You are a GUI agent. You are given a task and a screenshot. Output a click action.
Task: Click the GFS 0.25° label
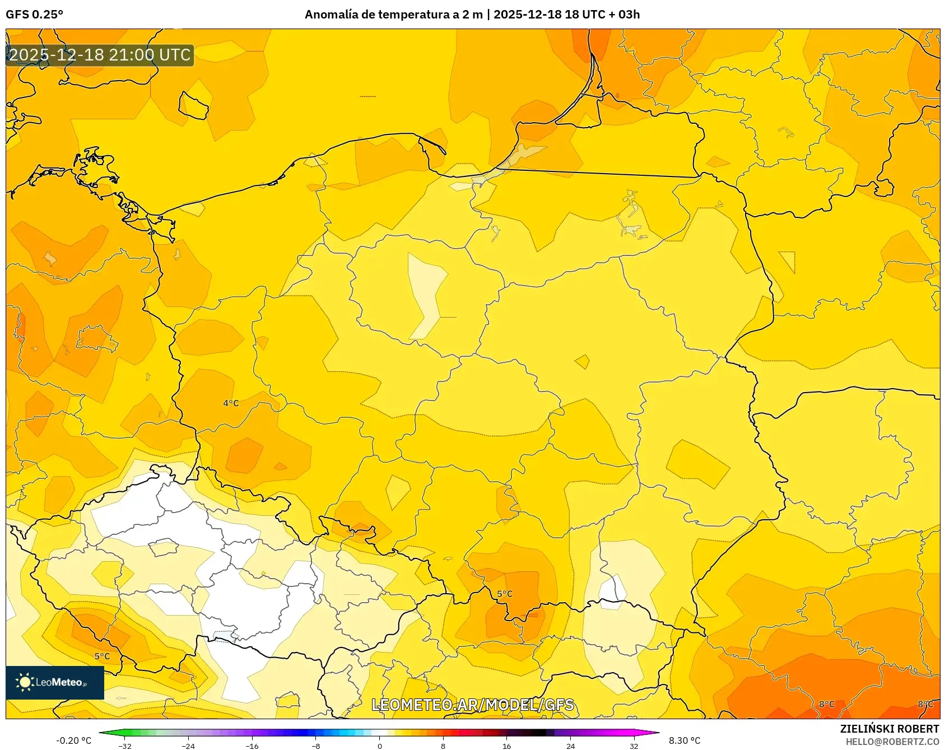tap(34, 15)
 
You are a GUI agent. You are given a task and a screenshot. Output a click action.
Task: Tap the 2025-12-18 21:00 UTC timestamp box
tap(100, 55)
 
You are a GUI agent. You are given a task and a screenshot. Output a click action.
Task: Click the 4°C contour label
tap(231, 403)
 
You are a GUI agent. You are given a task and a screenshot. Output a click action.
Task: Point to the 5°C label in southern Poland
tap(505, 594)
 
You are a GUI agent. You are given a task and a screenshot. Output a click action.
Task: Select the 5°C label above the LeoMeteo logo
tap(102, 656)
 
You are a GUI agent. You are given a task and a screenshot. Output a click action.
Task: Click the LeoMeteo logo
tap(55, 682)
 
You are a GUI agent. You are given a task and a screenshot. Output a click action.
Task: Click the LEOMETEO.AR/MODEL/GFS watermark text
tap(472, 705)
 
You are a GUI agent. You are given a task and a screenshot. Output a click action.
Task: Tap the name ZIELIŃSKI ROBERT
tap(889, 729)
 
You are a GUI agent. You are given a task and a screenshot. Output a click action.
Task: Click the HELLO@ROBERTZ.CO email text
tap(892, 742)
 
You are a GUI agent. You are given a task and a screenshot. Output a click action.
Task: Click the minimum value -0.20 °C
tap(73, 740)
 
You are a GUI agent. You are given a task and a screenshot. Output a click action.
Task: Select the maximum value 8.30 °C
tap(685, 740)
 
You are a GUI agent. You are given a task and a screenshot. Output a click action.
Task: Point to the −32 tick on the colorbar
tap(125, 746)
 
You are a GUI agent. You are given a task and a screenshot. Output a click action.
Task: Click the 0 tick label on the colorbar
tap(379, 746)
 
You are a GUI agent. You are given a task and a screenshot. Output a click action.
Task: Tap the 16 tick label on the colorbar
tap(506, 746)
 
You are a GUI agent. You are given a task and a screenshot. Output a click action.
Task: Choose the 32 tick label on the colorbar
tap(634, 746)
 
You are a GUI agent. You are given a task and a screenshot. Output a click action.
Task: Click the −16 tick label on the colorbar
tap(252, 746)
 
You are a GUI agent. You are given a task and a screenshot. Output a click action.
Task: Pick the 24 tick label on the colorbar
tap(570, 746)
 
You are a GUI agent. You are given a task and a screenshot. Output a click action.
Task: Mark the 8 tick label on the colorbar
tap(443, 746)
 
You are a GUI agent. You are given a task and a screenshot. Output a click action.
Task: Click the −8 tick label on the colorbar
tap(316, 746)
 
